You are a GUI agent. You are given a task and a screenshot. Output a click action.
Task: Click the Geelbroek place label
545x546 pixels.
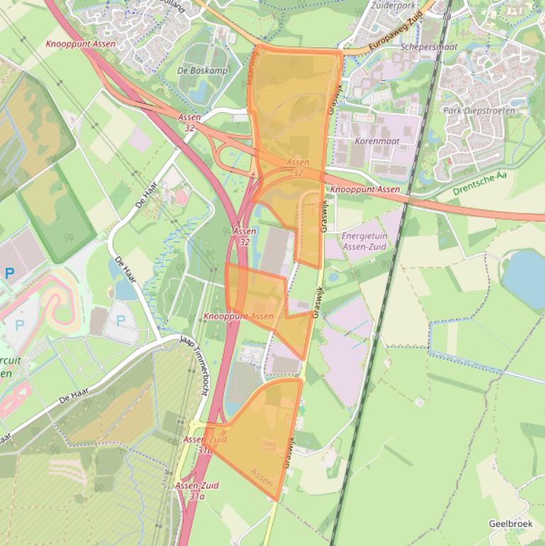(510, 523)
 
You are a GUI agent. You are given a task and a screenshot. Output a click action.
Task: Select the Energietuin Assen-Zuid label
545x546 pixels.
(364, 240)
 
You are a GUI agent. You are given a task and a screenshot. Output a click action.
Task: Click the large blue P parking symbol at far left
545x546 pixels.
(9, 273)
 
